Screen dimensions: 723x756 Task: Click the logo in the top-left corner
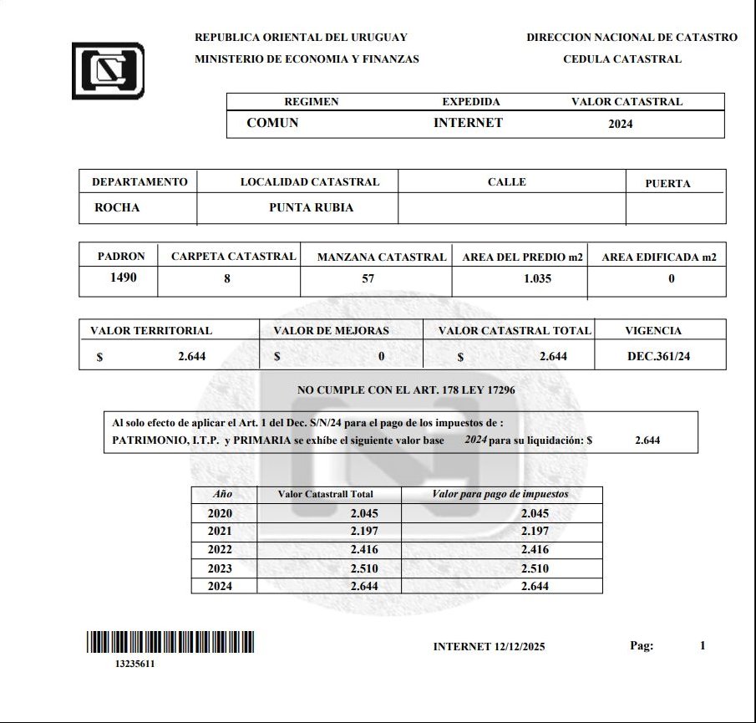point(108,70)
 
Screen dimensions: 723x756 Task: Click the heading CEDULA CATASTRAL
point(622,59)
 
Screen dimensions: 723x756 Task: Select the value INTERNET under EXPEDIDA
point(468,123)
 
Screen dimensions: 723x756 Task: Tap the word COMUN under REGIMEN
point(272,123)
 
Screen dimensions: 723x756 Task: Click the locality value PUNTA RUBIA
point(311,208)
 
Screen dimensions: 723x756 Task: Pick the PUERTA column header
point(667,183)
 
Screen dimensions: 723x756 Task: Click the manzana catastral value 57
point(368,279)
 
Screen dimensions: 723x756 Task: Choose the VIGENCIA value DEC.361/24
point(665,357)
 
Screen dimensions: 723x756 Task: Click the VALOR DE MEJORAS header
point(331,331)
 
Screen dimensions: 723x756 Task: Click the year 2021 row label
point(220,532)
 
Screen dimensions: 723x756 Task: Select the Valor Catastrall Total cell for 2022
point(364,550)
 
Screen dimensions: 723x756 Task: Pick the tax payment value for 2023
point(535,568)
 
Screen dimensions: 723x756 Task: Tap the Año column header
point(222,494)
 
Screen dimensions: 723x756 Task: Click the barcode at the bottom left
point(170,642)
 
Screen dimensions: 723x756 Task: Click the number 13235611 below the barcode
point(134,664)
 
